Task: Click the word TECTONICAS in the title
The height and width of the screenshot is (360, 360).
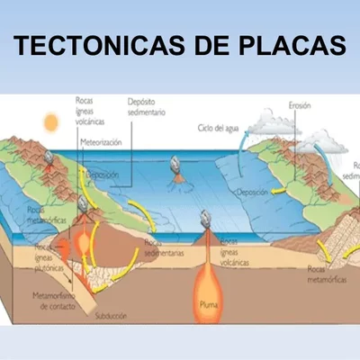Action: coord(90,47)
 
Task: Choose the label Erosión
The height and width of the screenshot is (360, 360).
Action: coord(300,105)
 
